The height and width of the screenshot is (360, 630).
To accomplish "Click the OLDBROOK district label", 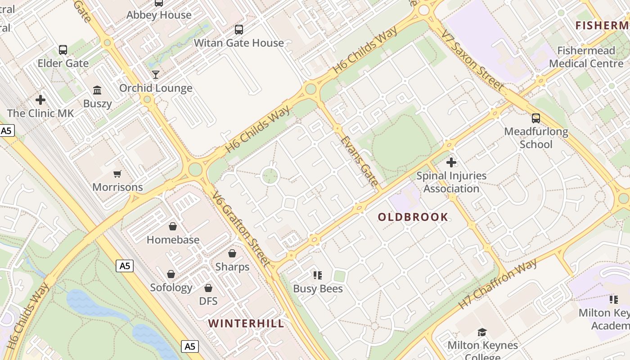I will tap(413, 217).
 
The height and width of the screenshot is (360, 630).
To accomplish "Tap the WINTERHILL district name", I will tap(246, 324).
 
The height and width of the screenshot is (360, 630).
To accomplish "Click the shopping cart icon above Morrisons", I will tap(117, 174).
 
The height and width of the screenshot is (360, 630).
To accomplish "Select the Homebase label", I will tap(173, 240).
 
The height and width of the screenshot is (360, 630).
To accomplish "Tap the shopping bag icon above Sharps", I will tap(232, 254).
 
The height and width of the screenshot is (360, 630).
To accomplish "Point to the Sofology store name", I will tap(171, 288).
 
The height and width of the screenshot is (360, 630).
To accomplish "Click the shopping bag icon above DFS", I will tap(208, 288).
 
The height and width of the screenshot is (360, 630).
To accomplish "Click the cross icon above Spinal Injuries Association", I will tap(451, 162).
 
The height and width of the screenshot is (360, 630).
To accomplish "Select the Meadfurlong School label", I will tap(536, 138).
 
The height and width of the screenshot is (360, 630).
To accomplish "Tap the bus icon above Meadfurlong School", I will tap(536, 118).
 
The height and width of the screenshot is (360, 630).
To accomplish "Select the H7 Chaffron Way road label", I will tap(497, 284).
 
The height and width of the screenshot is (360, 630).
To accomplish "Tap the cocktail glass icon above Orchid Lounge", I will tap(156, 75).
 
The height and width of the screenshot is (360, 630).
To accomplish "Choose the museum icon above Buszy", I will tap(97, 90).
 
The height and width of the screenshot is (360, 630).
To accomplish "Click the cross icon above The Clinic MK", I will tap(40, 100).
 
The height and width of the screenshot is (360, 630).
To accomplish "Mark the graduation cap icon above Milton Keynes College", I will tap(482, 333).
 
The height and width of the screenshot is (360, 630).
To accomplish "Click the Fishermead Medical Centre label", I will tap(586, 57).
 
